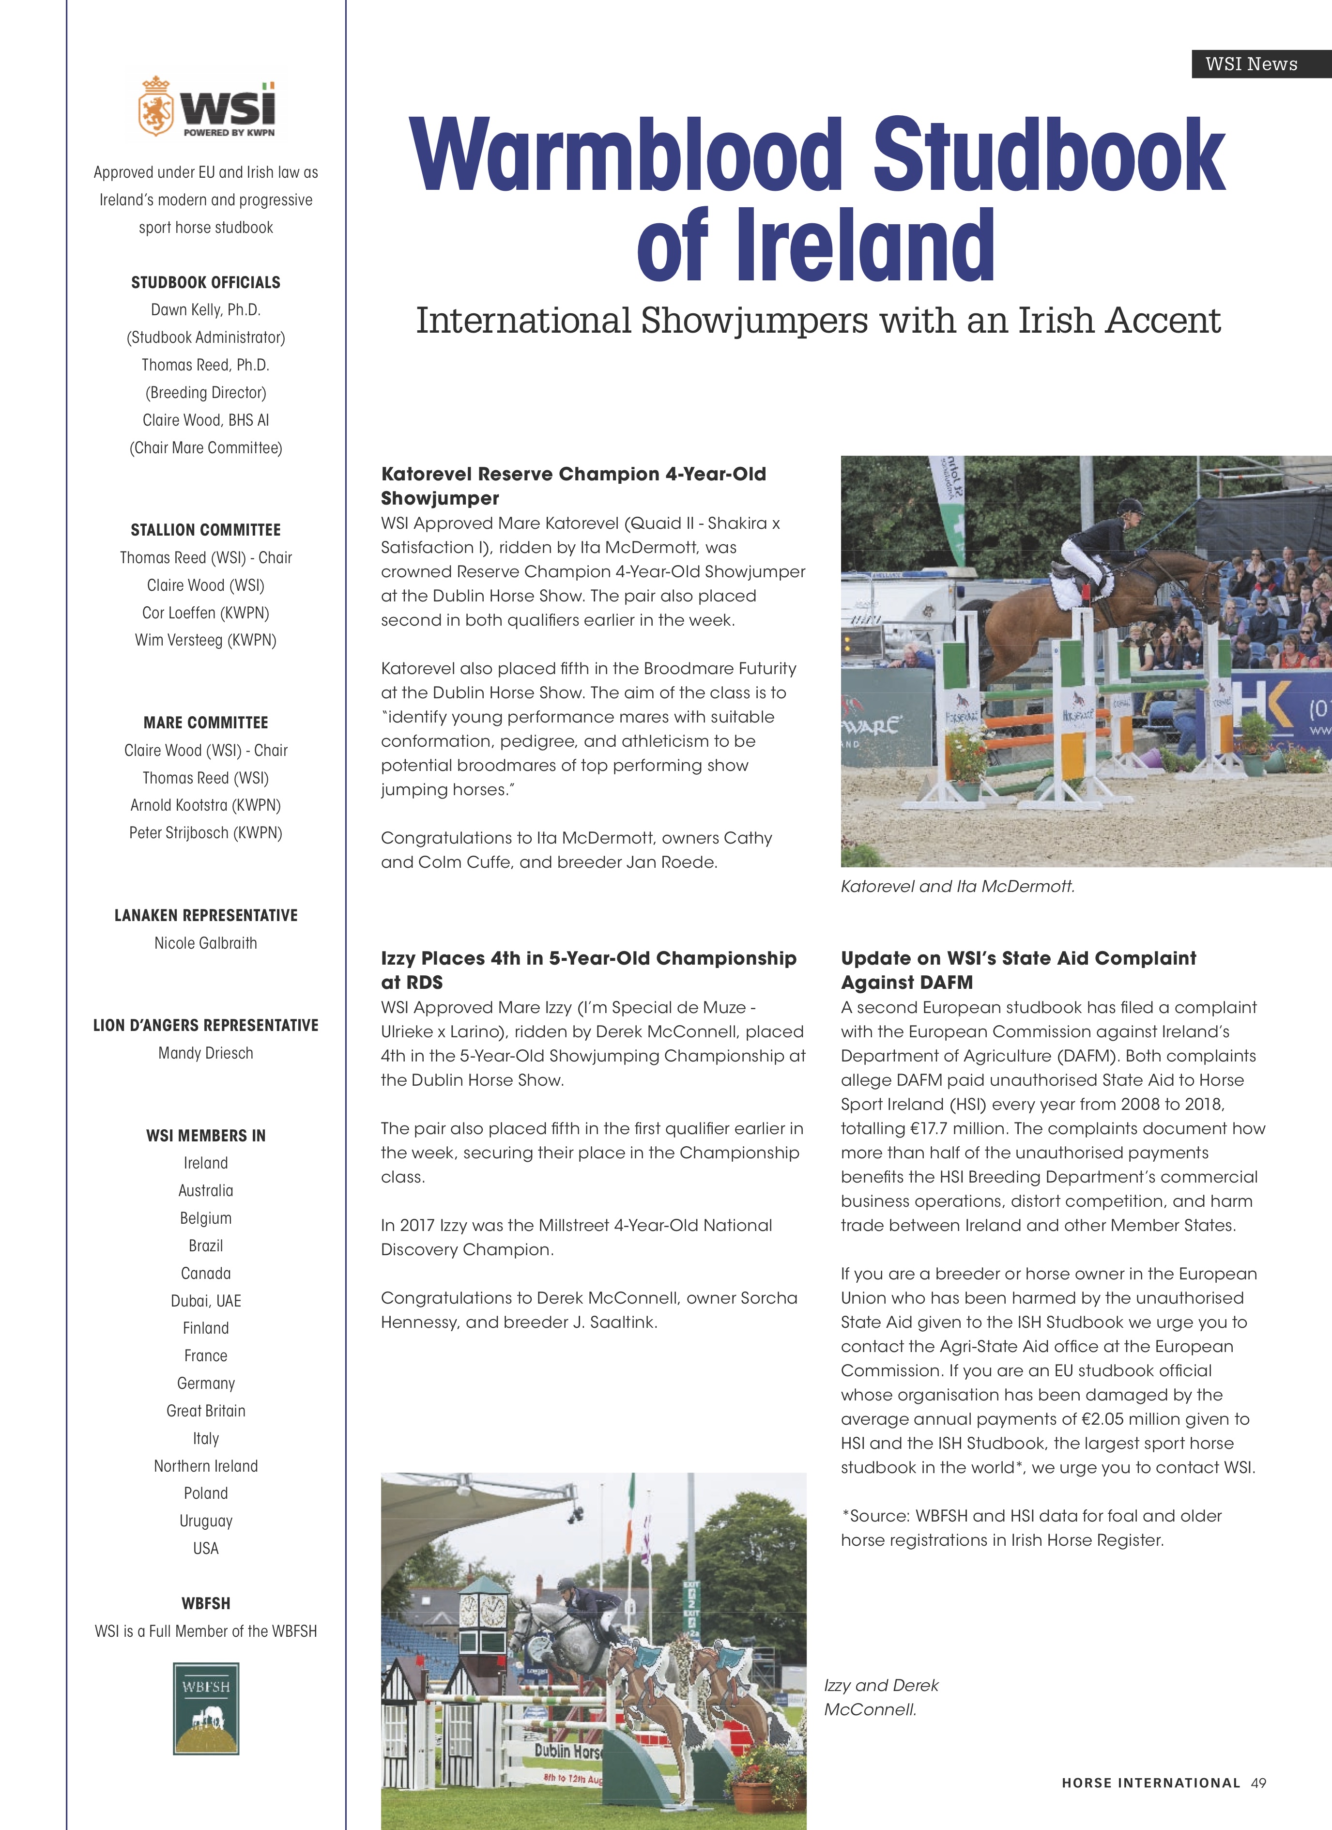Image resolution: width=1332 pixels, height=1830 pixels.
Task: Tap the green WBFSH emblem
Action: pyautogui.click(x=206, y=1708)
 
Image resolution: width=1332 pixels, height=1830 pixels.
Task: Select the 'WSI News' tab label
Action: pyautogui.click(x=1251, y=64)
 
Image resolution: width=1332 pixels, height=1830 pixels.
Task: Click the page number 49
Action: pyautogui.click(x=1258, y=1783)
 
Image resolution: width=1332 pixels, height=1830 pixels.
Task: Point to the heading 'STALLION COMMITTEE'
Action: pyautogui.click(x=206, y=530)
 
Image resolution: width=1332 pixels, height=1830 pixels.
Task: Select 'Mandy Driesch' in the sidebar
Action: pyautogui.click(x=206, y=1053)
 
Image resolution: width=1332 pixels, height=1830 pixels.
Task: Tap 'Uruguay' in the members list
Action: pyautogui.click(x=206, y=1521)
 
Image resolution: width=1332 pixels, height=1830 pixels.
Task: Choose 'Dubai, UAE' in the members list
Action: pyautogui.click(x=206, y=1301)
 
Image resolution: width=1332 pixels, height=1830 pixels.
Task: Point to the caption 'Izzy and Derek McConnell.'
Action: pyautogui.click(x=881, y=1697)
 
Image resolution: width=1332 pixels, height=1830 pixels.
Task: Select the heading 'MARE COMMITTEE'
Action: pyautogui.click(x=206, y=723)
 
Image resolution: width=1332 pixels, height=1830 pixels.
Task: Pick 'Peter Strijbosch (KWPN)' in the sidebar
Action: pyautogui.click(x=206, y=833)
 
